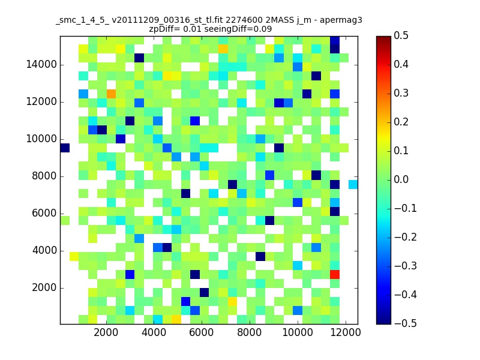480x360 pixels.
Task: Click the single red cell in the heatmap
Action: (x=335, y=274)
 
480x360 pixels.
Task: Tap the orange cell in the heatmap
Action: (x=111, y=94)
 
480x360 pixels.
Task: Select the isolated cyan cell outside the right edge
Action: (x=353, y=184)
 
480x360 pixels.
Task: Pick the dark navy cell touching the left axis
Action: (x=65, y=148)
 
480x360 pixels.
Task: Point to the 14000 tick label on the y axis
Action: (x=41, y=65)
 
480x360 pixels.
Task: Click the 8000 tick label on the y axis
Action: (x=44, y=176)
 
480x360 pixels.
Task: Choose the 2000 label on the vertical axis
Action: (x=44, y=288)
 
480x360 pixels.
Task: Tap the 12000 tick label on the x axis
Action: (x=346, y=332)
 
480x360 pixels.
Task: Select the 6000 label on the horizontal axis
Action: (x=202, y=332)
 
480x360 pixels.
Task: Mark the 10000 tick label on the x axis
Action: (x=298, y=332)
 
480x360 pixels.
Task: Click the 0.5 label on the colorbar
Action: (x=401, y=35)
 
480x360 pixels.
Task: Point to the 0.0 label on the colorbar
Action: (x=401, y=179)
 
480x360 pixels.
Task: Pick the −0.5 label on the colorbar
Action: (x=406, y=323)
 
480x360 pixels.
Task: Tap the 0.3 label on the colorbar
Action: (x=401, y=93)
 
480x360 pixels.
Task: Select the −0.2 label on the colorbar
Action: (x=406, y=237)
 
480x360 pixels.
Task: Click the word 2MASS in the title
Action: (x=280, y=20)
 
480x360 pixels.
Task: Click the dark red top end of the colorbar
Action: (x=383, y=38)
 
